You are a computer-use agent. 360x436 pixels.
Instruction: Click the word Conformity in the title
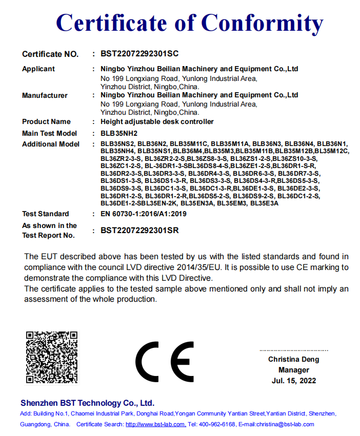[262, 23]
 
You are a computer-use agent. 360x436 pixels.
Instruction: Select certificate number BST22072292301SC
[139, 53]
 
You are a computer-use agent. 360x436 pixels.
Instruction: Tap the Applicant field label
[38, 69]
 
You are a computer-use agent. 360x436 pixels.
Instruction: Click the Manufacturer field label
[45, 95]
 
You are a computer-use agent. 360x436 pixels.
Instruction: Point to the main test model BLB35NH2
[119, 133]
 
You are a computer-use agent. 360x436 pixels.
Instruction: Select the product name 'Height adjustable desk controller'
[157, 122]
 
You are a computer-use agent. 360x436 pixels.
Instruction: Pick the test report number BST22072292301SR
[139, 231]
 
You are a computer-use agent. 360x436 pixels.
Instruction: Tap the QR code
[52, 357]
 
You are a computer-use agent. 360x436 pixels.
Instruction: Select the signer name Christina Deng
[294, 360]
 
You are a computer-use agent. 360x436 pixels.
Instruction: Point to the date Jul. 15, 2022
[294, 381]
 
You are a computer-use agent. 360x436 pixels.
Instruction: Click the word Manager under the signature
[294, 370]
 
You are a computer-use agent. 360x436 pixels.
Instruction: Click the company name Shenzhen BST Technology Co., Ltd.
[87, 403]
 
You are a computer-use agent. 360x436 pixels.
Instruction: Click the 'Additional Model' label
[51, 144]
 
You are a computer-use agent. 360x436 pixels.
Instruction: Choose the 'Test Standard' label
[46, 214]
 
